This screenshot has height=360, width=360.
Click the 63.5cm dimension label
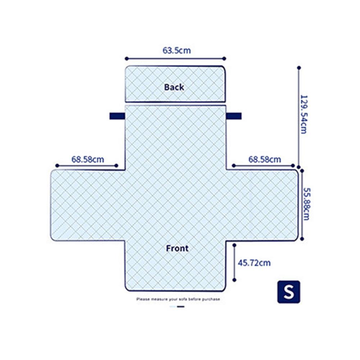click(177, 50)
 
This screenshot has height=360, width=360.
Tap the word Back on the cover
click(174, 87)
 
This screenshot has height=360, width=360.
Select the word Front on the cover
click(177, 248)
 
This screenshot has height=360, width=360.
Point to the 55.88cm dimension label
click(306, 204)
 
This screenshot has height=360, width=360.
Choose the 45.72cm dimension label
click(254, 263)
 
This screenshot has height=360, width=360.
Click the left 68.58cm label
click(87, 159)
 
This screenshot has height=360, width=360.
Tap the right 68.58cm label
click(265, 159)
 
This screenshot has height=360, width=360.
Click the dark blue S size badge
click(288, 292)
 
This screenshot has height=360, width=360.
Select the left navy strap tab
click(117, 116)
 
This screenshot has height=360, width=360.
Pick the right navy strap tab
click(234, 116)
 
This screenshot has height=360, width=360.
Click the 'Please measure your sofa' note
click(178, 299)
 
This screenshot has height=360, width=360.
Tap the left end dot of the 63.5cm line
click(126, 58)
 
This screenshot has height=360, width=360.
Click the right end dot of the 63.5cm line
click(224, 58)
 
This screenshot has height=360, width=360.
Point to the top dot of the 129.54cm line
click(299, 67)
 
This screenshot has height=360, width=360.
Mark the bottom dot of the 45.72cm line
click(234, 280)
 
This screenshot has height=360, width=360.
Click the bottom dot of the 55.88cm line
click(302, 238)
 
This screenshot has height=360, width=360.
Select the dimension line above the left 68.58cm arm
click(86, 166)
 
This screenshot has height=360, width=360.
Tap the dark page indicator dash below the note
click(181, 306)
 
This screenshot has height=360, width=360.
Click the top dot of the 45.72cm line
click(234, 245)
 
